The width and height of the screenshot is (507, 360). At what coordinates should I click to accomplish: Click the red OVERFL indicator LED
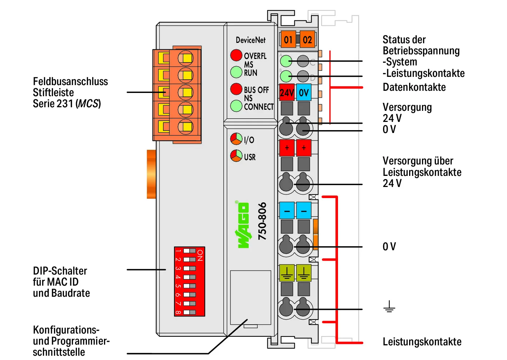point(236,55)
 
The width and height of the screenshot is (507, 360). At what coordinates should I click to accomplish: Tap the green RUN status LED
point(236,72)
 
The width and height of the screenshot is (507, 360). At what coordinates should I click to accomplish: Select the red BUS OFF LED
point(236,89)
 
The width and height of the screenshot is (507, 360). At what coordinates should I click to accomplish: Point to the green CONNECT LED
point(236,106)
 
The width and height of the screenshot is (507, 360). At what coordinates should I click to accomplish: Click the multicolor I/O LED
point(236,139)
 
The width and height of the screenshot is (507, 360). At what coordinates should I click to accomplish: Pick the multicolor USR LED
point(236,156)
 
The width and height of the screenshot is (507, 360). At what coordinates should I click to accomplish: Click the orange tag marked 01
point(288,39)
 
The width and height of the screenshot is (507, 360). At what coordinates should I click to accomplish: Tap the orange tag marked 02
point(307,39)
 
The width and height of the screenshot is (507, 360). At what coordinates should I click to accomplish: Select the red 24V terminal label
point(287,92)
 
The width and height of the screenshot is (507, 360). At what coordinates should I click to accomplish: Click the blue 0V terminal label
point(304,92)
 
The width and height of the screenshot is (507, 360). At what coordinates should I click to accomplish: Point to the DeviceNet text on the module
point(250,40)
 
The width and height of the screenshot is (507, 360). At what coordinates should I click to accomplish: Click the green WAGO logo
point(243,225)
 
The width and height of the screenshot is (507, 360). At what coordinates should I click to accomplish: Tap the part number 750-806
point(262,221)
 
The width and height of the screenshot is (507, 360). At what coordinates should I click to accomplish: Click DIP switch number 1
point(189,251)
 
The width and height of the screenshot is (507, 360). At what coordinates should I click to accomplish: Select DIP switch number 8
point(189,312)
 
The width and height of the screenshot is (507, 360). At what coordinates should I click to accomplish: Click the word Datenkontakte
point(414,87)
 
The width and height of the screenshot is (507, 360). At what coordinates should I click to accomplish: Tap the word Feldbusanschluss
point(70,82)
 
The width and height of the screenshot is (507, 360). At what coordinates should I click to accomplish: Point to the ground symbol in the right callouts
point(389,306)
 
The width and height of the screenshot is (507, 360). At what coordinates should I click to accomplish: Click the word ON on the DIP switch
point(200,255)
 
